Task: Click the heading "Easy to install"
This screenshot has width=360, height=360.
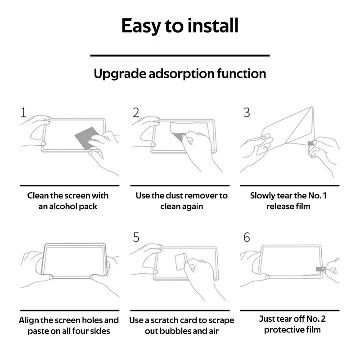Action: [x=180, y=26]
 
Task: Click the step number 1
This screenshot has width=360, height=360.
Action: [x=23, y=112]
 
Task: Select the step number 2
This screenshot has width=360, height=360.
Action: [x=136, y=112]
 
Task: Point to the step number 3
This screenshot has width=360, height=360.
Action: [x=247, y=112]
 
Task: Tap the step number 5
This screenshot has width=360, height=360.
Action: [x=136, y=237]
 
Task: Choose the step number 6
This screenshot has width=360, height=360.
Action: [x=247, y=237]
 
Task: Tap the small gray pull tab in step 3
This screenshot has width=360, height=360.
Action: [x=310, y=144]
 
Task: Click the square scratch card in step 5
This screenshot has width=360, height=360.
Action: [x=180, y=262]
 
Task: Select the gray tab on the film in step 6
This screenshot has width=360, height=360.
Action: [x=320, y=269]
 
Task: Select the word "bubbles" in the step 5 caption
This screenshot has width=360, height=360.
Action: [x=175, y=331]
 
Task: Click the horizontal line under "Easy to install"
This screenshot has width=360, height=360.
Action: [x=180, y=55]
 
